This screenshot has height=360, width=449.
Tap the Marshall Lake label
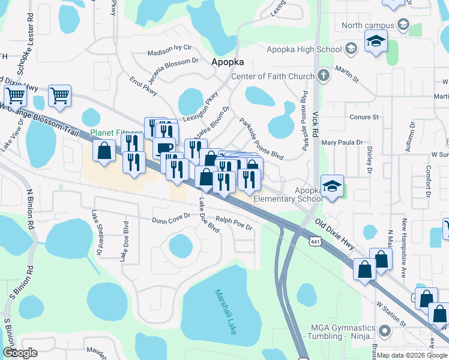pyautogui.click(x=224, y=311)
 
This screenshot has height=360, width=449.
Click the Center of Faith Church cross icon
pyautogui.click(x=324, y=76)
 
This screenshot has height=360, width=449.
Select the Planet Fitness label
pyautogui.click(x=116, y=133)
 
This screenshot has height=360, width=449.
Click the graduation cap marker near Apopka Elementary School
pyautogui.click(x=331, y=186)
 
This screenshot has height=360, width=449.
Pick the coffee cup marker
pyautogui.click(x=163, y=148)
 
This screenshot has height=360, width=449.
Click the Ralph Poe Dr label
pyautogui.click(x=234, y=224)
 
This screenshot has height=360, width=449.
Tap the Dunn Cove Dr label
pyautogui.click(x=170, y=220)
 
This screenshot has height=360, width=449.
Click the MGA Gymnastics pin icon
pyautogui.click(x=385, y=329)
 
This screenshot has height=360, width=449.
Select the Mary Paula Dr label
pyautogui.click(x=342, y=143)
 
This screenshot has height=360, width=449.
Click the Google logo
pyautogui.click(x=20, y=352)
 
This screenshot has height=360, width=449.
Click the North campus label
pyautogui.click(x=367, y=25)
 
